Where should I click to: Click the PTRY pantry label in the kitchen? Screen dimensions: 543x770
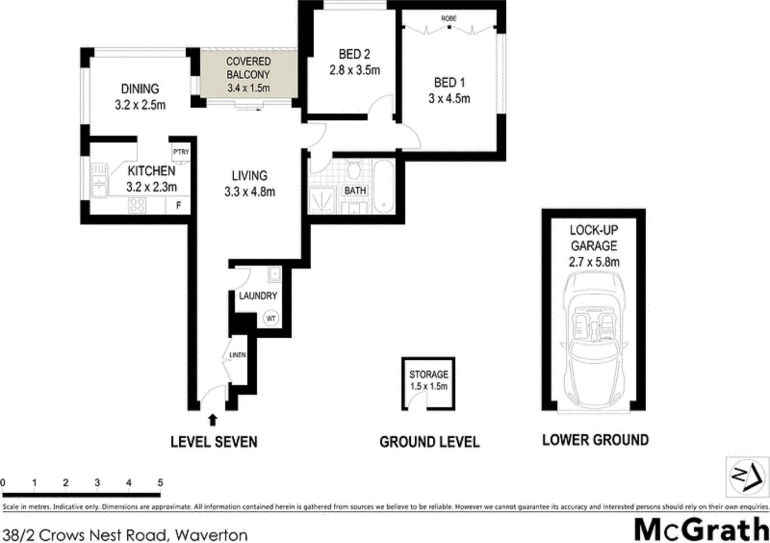pyautogui.click(x=181, y=152)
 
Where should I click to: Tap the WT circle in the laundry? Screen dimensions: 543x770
pyautogui.click(x=271, y=318)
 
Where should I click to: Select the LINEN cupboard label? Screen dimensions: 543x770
pyautogui.click(x=238, y=355)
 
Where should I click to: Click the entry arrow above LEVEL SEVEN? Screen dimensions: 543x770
pyautogui.click(x=213, y=419)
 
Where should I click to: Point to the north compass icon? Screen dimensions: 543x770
pyautogui.click(x=746, y=476)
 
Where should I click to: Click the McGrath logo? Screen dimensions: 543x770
pyautogui.click(x=701, y=530)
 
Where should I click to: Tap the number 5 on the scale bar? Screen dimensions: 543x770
pyautogui.click(x=160, y=482)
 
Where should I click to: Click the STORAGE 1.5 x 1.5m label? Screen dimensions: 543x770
pyautogui.click(x=428, y=380)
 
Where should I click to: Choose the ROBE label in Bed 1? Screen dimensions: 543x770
pyautogui.click(x=449, y=19)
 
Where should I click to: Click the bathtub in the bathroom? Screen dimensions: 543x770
pyautogui.click(x=384, y=185)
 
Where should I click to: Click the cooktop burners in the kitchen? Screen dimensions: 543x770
pyautogui.click(x=137, y=204)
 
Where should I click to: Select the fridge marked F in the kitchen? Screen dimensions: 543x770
pyautogui.click(x=179, y=205)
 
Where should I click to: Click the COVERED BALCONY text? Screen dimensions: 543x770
pyautogui.click(x=248, y=68)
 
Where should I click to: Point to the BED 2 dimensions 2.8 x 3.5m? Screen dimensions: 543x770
pyautogui.click(x=355, y=70)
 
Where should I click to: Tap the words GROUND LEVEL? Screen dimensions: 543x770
pyautogui.click(x=429, y=442)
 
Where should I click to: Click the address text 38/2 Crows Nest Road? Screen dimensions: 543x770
pyautogui.click(x=124, y=535)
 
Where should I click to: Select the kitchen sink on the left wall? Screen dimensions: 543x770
pyautogui.click(x=100, y=180)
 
